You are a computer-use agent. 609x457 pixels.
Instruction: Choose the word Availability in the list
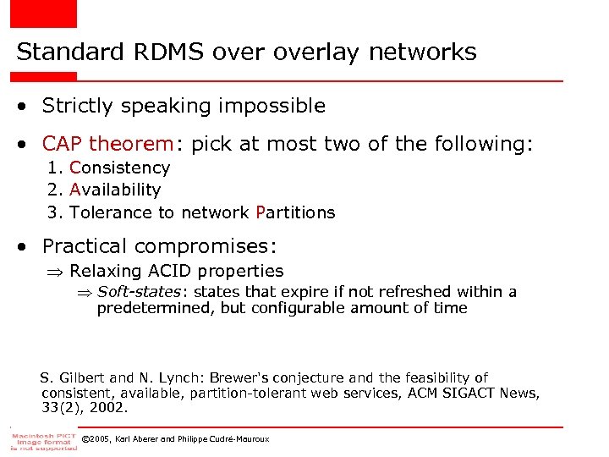coord(115,190)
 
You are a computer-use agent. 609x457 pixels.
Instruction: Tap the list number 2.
coord(52,190)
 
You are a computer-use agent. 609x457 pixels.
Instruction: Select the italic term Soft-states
coord(138,292)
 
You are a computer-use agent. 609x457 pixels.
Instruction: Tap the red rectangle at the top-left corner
coord(43,14)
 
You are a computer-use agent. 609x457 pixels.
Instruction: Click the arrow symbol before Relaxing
coord(59,272)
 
